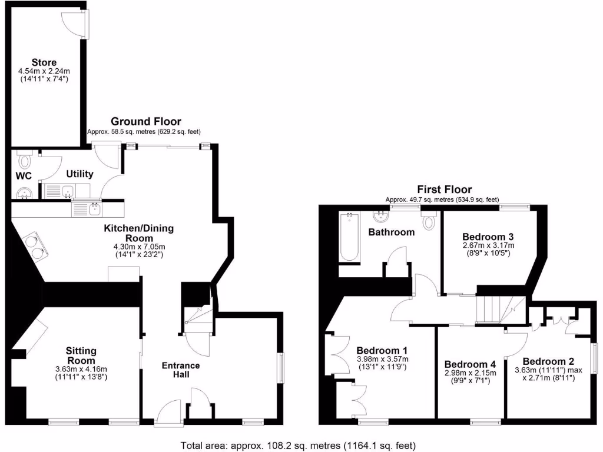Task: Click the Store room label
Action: pos(44,62)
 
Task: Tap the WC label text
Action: pos(23,175)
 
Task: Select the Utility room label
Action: pos(79,174)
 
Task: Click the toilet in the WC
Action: pos(25,159)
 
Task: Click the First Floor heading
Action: pos(444,190)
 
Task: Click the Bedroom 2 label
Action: pos(548,361)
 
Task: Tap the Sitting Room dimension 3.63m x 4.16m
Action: pos(81,368)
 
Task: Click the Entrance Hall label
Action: pos(181,370)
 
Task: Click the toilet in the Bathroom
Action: pos(428,221)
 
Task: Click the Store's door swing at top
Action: pos(75,23)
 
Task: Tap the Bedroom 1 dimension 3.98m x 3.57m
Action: pos(382,359)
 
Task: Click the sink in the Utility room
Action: pos(68,190)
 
